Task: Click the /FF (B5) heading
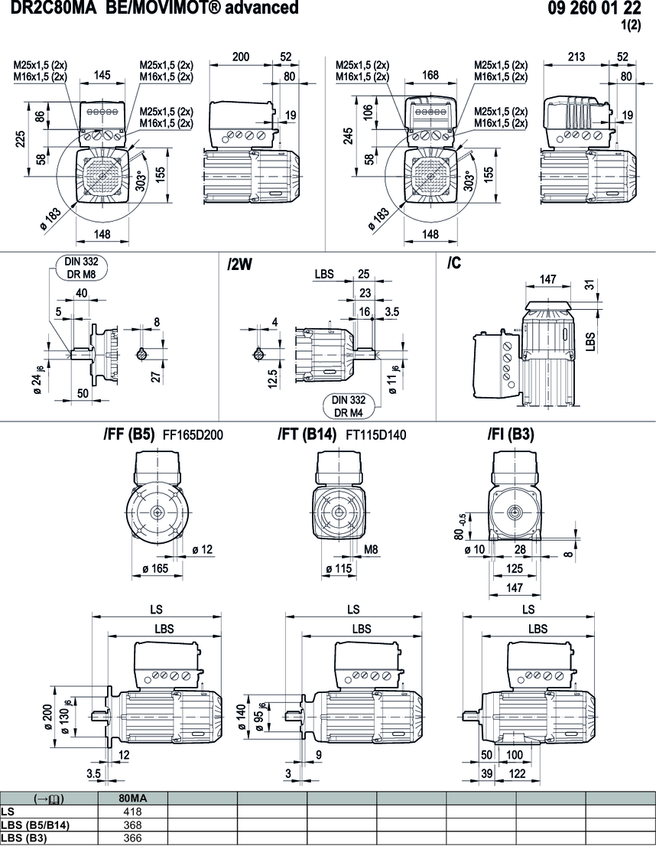tap(129, 434)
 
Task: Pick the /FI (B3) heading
tap(511, 434)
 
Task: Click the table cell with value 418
tap(133, 811)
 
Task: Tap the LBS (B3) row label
tap(26, 838)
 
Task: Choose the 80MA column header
tap(133, 798)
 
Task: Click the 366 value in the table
tap(133, 838)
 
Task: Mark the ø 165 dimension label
tap(158, 568)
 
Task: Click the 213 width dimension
tap(577, 57)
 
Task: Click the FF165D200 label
tap(193, 435)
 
